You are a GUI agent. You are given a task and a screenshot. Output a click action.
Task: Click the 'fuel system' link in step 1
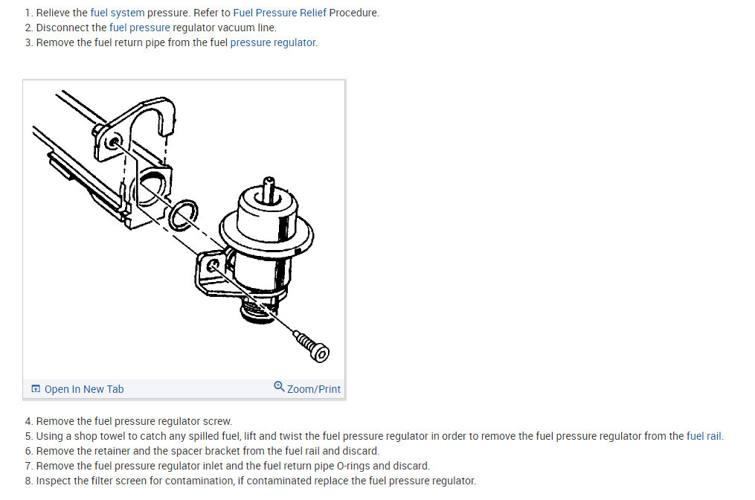click(117, 13)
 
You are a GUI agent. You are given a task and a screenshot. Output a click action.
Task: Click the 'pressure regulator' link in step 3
click(273, 42)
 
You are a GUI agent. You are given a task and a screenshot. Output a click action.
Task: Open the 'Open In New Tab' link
click(83, 389)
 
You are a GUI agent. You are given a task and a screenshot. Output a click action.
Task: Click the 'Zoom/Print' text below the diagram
click(314, 389)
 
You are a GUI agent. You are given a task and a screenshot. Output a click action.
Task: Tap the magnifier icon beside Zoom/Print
click(279, 387)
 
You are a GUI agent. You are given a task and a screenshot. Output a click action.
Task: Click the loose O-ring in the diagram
click(182, 214)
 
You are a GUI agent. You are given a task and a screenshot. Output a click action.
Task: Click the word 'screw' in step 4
click(217, 421)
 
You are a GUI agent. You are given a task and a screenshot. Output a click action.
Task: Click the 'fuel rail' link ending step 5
click(704, 436)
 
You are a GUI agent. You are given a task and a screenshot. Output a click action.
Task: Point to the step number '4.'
click(29, 421)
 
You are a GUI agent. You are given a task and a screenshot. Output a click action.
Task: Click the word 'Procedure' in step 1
click(354, 13)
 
